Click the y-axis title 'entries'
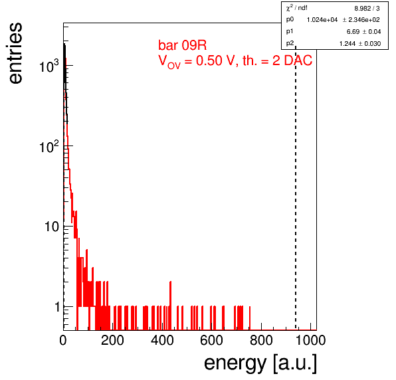15,53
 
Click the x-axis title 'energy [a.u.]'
260,363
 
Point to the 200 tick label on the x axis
112,340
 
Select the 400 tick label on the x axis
162,340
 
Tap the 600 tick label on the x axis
212,340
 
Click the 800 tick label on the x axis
261,340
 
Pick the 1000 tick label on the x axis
310,340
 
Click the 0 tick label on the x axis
63,340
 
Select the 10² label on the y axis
49,145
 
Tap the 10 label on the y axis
52,227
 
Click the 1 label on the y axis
57,307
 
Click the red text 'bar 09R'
182,45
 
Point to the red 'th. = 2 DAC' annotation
277,60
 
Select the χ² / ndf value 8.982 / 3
367,9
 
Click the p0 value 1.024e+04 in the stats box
322,20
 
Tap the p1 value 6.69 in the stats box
353,32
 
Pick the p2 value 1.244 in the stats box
347,44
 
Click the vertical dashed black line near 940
296,188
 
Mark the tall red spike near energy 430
171,306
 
